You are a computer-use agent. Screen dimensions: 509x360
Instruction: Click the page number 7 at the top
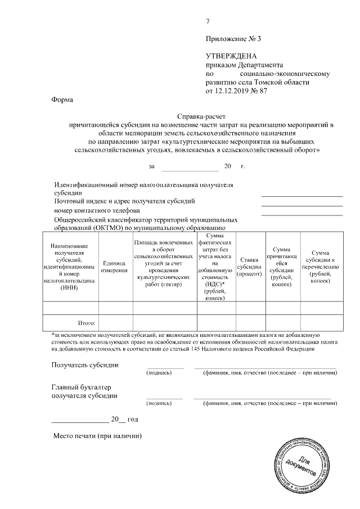point(208,22)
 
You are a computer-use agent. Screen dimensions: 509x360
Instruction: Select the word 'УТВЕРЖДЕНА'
point(231,56)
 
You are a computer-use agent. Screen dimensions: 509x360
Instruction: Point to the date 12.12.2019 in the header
point(234,91)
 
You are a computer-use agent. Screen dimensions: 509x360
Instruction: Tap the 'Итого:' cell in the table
point(86,323)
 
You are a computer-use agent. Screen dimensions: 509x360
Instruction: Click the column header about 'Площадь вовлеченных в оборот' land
point(165,263)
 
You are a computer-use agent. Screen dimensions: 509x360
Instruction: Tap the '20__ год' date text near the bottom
point(124,419)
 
